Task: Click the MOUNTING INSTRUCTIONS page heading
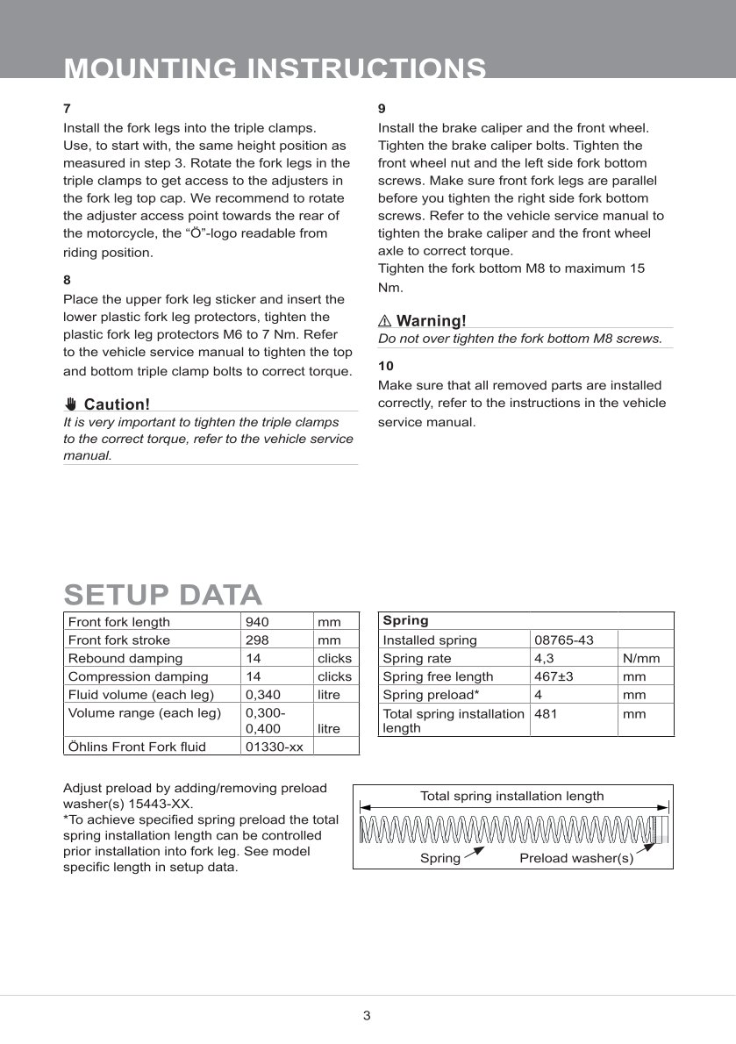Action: pos(275,68)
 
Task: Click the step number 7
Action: pos(67,109)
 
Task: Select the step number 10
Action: pos(386,366)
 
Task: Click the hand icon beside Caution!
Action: pos(71,404)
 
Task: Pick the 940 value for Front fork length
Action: pos(257,622)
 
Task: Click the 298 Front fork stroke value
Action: pos(257,640)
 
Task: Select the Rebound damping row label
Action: pos(125,658)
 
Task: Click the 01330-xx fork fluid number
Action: pos(274,747)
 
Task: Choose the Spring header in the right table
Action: pos(405,620)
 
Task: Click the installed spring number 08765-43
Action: pos(564,640)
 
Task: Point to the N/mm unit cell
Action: pos(641,658)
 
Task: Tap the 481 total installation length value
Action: pos(546,714)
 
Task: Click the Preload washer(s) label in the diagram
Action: pos(576,858)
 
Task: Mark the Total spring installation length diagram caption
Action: pos(511,796)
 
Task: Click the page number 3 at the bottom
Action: pos(367,1016)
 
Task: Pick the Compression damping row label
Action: pos(138,676)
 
